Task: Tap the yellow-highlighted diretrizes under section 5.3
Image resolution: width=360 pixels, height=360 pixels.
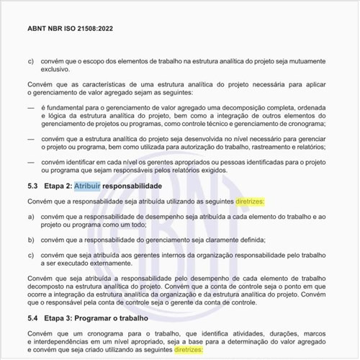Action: click(x=249, y=202)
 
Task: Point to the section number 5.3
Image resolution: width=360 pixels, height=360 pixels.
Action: click(x=32, y=186)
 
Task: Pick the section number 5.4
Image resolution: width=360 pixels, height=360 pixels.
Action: click(x=32, y=318)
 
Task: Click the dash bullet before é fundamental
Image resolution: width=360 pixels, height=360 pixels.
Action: click(x=30, y=107)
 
